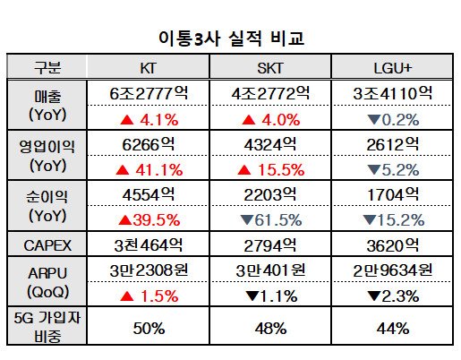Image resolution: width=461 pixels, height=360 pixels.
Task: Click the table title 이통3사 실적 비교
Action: coord(230,39)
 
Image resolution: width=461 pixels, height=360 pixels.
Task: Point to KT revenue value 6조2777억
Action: coord(149,92)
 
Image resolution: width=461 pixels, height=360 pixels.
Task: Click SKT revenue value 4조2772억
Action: coord(271,92)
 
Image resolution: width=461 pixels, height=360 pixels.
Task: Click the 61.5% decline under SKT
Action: coord(271,219)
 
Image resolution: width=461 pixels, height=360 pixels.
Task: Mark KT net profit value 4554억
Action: coord(149,193)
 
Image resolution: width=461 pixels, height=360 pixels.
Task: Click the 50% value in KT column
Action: coord(149,329)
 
